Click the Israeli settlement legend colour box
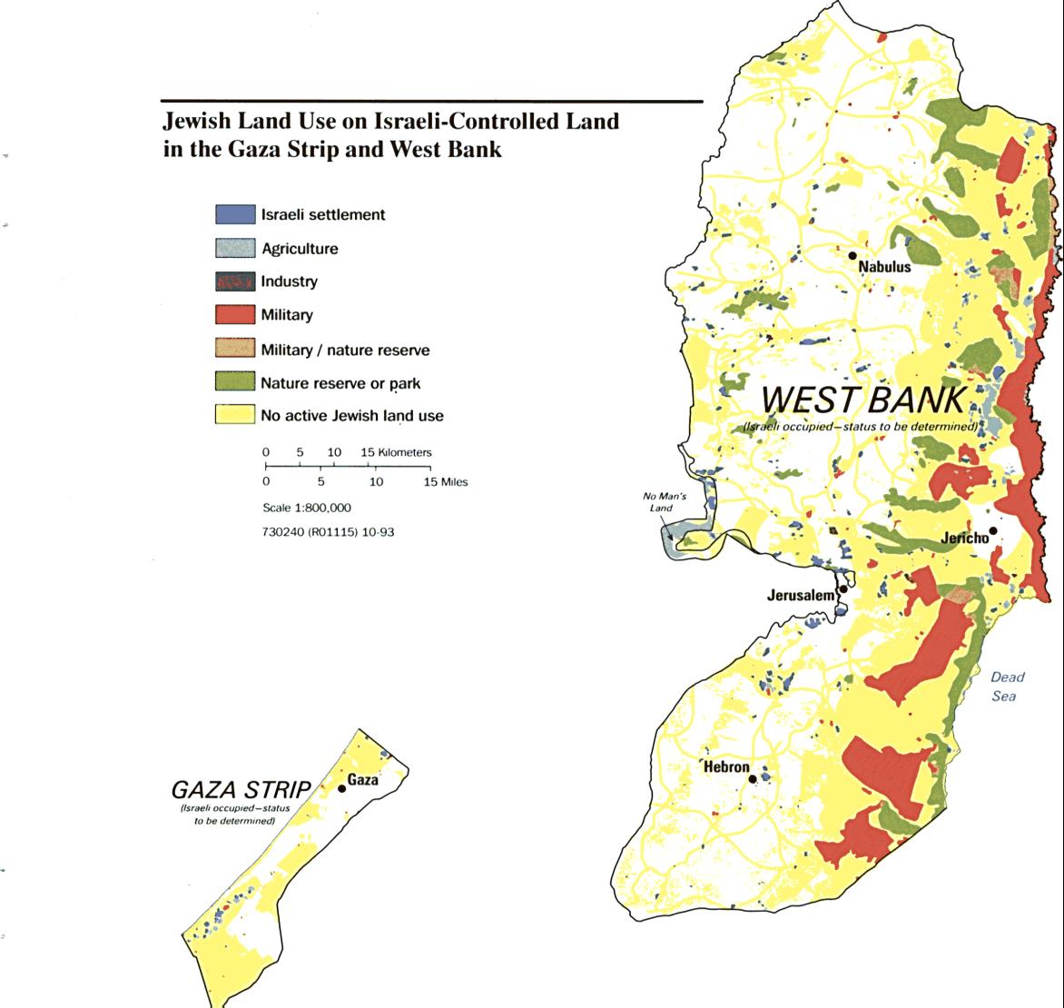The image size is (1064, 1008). (234, 215)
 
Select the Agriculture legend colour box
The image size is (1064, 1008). (234, 249)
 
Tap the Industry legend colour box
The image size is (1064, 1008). (234, 282)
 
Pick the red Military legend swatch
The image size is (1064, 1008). (234, 315)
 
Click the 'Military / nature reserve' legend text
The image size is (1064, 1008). (345, 350)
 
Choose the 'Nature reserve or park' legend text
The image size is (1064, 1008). (340, 383)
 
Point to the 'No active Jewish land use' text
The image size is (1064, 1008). (352, 416)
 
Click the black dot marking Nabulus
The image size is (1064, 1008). (853, 255)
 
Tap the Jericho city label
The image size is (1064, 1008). (963, 539)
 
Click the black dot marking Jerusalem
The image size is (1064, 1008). (843, 589)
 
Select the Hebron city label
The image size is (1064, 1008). (726, 767)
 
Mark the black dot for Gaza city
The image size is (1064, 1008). (342, 788)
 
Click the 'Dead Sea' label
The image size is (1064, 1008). (1005, 687)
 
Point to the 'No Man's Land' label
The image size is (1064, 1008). (660, 502)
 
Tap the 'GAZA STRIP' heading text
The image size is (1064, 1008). (241, 788)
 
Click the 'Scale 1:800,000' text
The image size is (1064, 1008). (306, 508)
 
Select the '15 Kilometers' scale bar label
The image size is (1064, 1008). (396, 452)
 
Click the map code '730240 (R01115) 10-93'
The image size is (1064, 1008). (328, 531)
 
